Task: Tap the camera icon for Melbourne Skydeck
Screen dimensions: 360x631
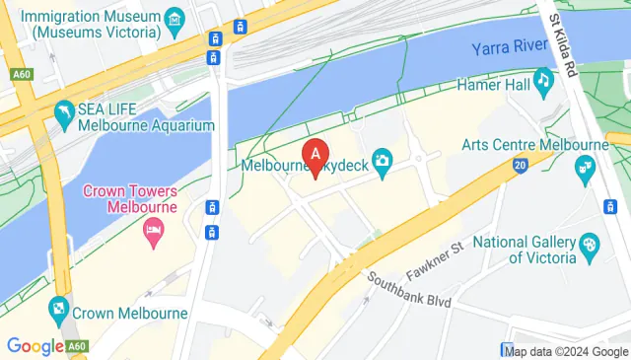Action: click(384, 159)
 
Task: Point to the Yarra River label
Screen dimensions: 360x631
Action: click(509, 47)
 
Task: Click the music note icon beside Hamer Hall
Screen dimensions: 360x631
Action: click(543, 79)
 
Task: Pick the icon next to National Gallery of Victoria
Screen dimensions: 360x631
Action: click(589, 245)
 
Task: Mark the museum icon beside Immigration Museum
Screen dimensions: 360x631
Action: click(175, 18)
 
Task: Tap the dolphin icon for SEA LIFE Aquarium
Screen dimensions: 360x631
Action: click(65, 110)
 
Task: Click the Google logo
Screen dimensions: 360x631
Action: click(35, 345)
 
